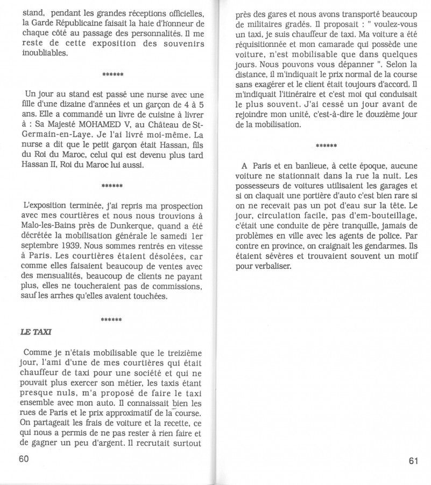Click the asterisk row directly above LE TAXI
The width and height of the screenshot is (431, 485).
(x=111, y=320)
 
